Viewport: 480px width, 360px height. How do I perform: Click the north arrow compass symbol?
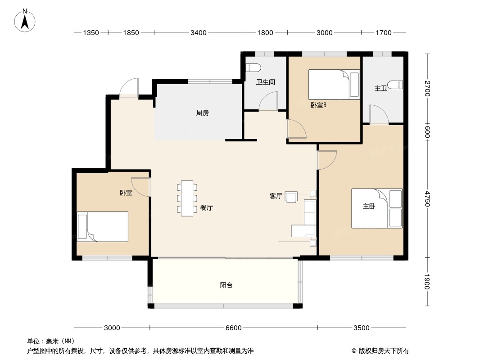[25, 21]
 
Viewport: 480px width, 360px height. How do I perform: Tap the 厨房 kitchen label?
[202, 113]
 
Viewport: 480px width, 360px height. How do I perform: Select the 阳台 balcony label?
[226, 285]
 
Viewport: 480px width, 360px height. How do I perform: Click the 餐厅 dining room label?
[207, 208]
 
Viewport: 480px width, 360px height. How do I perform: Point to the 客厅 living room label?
[276, 196]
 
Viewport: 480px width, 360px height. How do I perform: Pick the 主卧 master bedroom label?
[369, 207]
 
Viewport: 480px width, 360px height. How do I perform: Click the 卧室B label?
[319, 105]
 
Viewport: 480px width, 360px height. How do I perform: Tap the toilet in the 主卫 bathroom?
[395, 85]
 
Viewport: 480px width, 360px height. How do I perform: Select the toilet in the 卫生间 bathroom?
[253, 67]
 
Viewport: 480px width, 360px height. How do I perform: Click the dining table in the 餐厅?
[187, 198]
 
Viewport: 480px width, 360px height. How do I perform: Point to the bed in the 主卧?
[377, 208]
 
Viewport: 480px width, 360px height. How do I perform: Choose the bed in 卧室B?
[334, 85]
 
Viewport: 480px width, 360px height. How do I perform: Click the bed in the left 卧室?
[102, 227]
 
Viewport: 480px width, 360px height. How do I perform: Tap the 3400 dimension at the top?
[199, 32]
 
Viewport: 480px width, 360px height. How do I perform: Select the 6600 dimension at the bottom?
[234, 328]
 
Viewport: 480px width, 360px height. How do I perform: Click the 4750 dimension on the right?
[427, 199]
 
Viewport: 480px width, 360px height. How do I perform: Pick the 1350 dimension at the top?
[91, 32]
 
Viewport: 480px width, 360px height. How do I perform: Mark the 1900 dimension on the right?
[427, 282]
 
